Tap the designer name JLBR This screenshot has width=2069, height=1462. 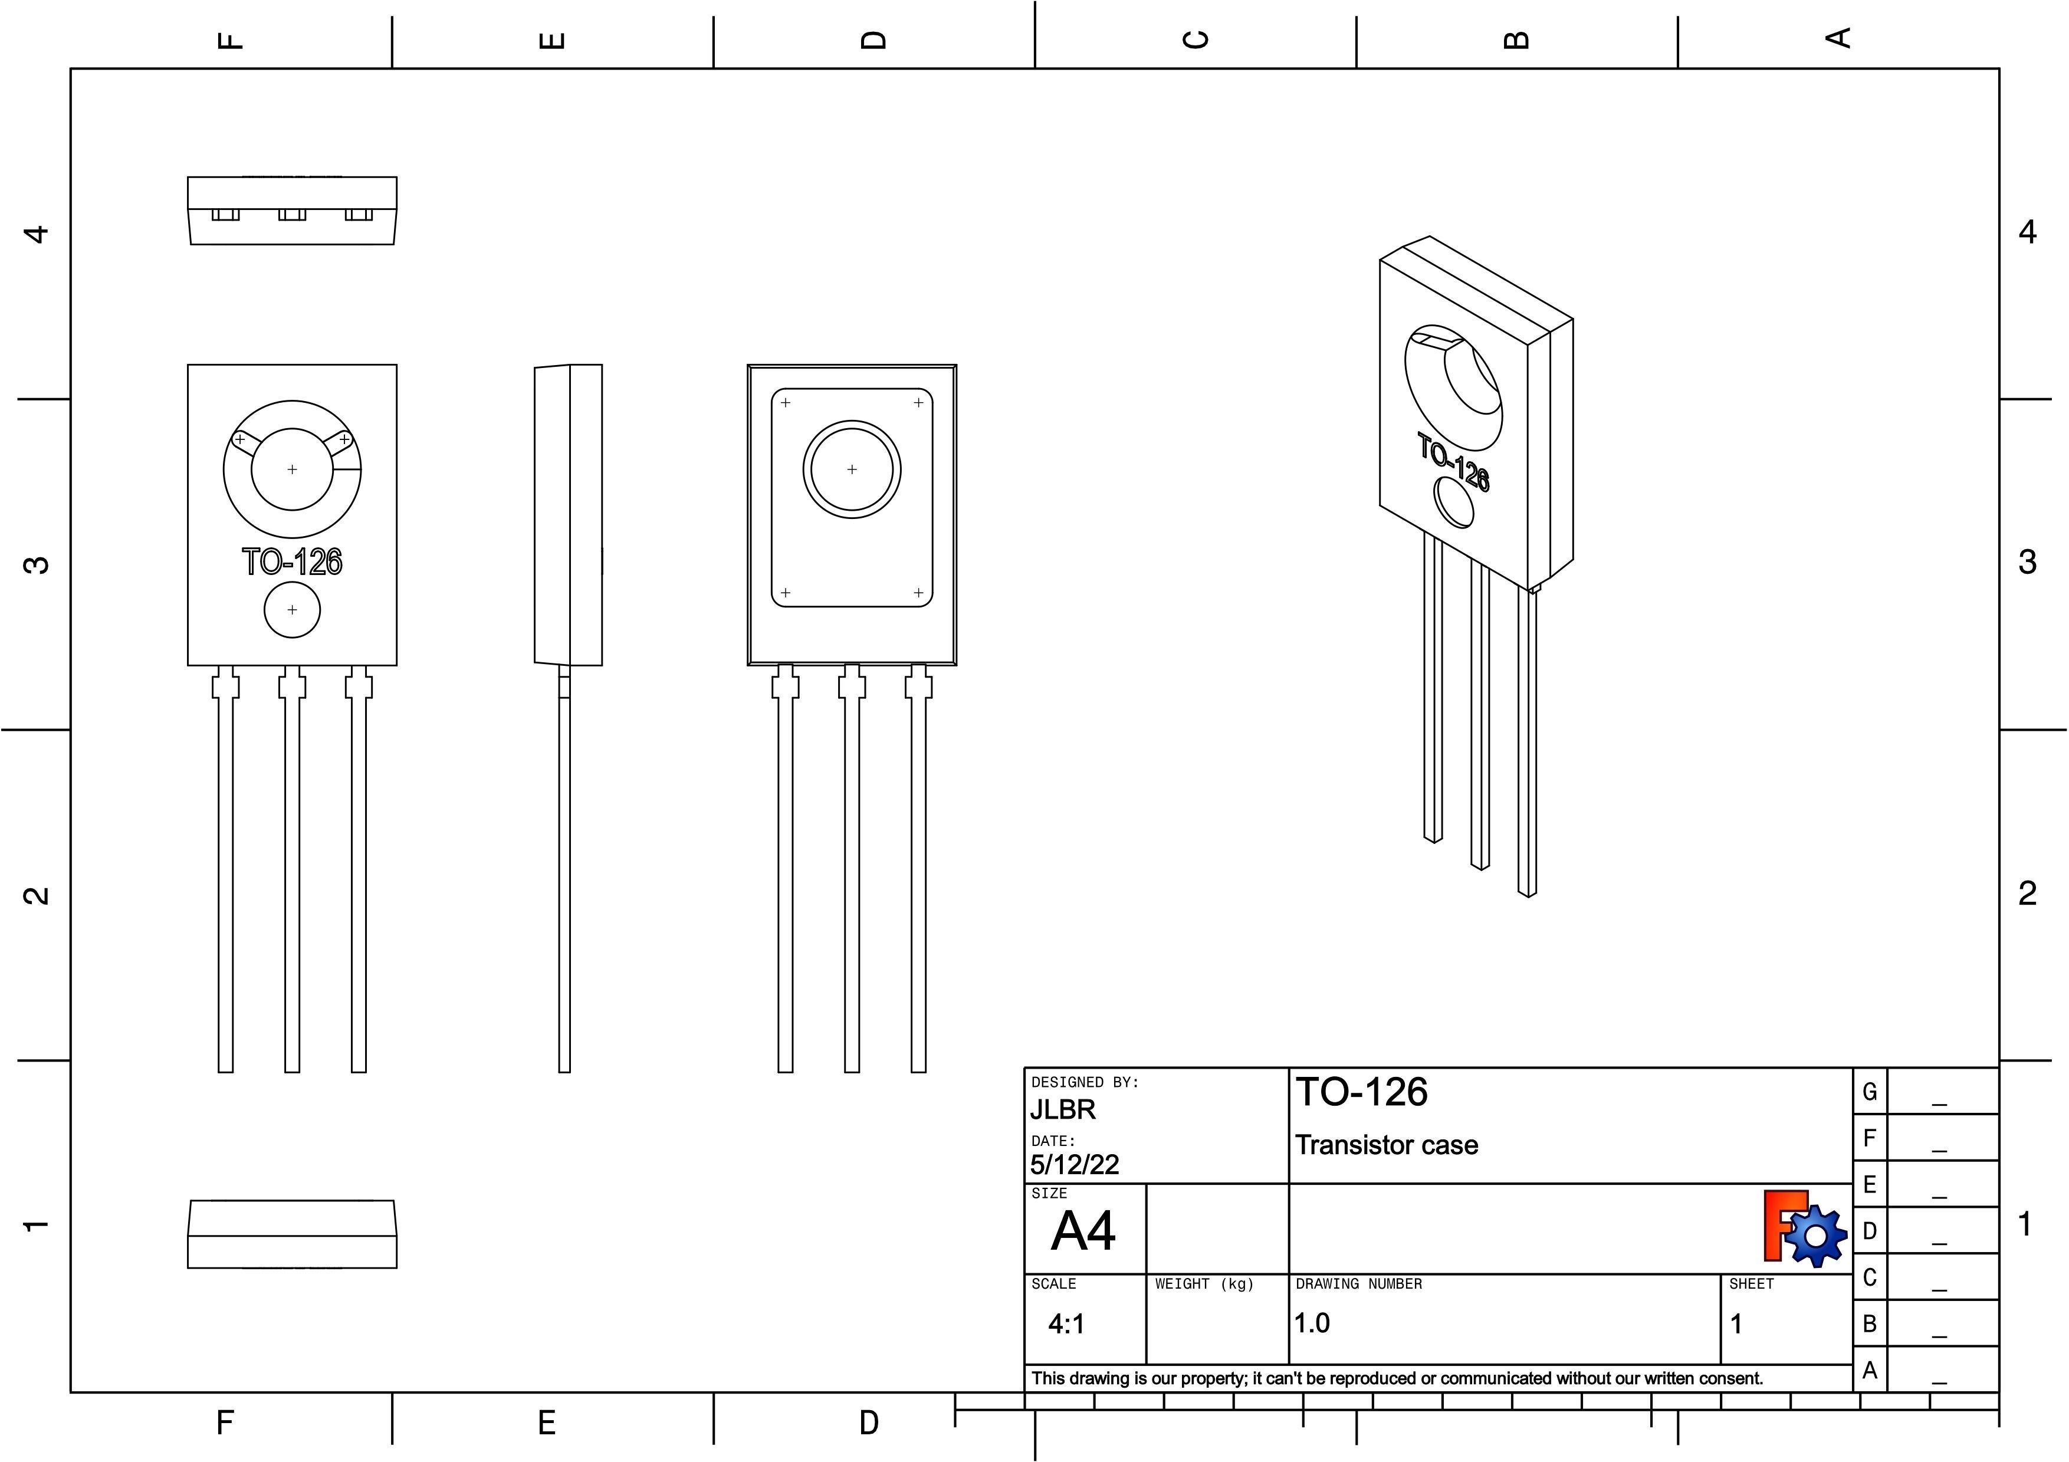1063,1110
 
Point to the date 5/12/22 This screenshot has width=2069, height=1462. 1074,1165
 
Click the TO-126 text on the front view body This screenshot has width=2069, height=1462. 292,561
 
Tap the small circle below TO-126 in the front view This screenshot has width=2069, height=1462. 292,610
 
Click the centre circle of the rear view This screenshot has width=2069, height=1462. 852,469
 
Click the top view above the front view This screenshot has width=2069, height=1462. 292,210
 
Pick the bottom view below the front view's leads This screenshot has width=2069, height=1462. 292,1234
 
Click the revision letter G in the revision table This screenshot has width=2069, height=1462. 1870,1092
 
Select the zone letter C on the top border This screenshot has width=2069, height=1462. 1196,40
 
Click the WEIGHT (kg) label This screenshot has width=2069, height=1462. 1204,1284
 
